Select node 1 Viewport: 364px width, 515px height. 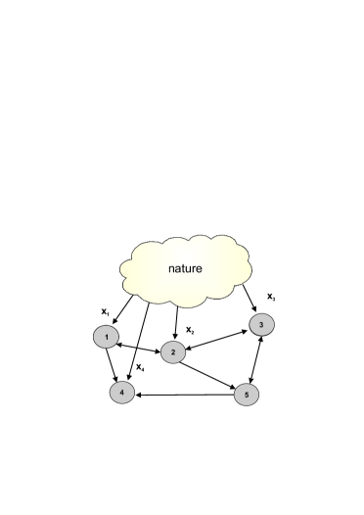[x=104, y=338]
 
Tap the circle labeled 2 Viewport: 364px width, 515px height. [x=173, y=352]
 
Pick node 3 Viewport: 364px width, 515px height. [x=261, y=324]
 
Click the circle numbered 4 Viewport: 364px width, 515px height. [x=121, y=392]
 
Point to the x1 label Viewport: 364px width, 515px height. [x=105, y=311]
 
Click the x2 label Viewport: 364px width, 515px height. [x=191, y=331]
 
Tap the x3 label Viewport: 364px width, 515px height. [x=271, y=297]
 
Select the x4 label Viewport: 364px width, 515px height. [x=142, y=368]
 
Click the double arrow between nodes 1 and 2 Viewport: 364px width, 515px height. [x=138, y=345]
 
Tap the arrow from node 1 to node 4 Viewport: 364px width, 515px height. [x=112, y=365]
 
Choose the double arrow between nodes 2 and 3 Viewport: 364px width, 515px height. [x=217, y=339]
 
